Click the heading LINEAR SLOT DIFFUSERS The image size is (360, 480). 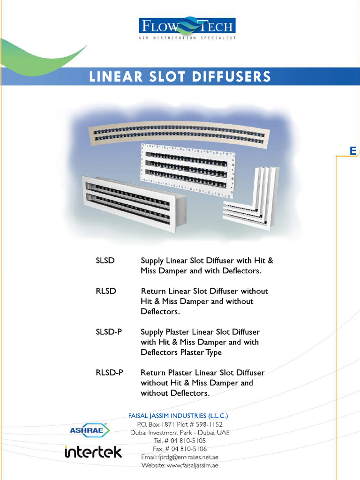click(x=180, y=76)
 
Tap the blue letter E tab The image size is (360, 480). click(x=353, y=150)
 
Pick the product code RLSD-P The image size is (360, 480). click(x=109, y=373)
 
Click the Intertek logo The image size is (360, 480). click(x=93, y=452)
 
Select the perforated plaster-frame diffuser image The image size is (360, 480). click(x=187, y=167)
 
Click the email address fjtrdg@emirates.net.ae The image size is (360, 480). click(x=180, y=457)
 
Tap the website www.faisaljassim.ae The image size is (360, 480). click(x=180, y=465)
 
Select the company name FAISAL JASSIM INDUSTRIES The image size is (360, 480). click(x=178, y=416)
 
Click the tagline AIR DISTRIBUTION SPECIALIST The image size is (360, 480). click(x=187, y=37)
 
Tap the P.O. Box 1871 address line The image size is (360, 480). click(x=180, y=424)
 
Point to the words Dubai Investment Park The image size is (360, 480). click(x=162, y=432)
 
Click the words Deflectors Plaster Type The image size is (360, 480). click(x=181, y=352)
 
